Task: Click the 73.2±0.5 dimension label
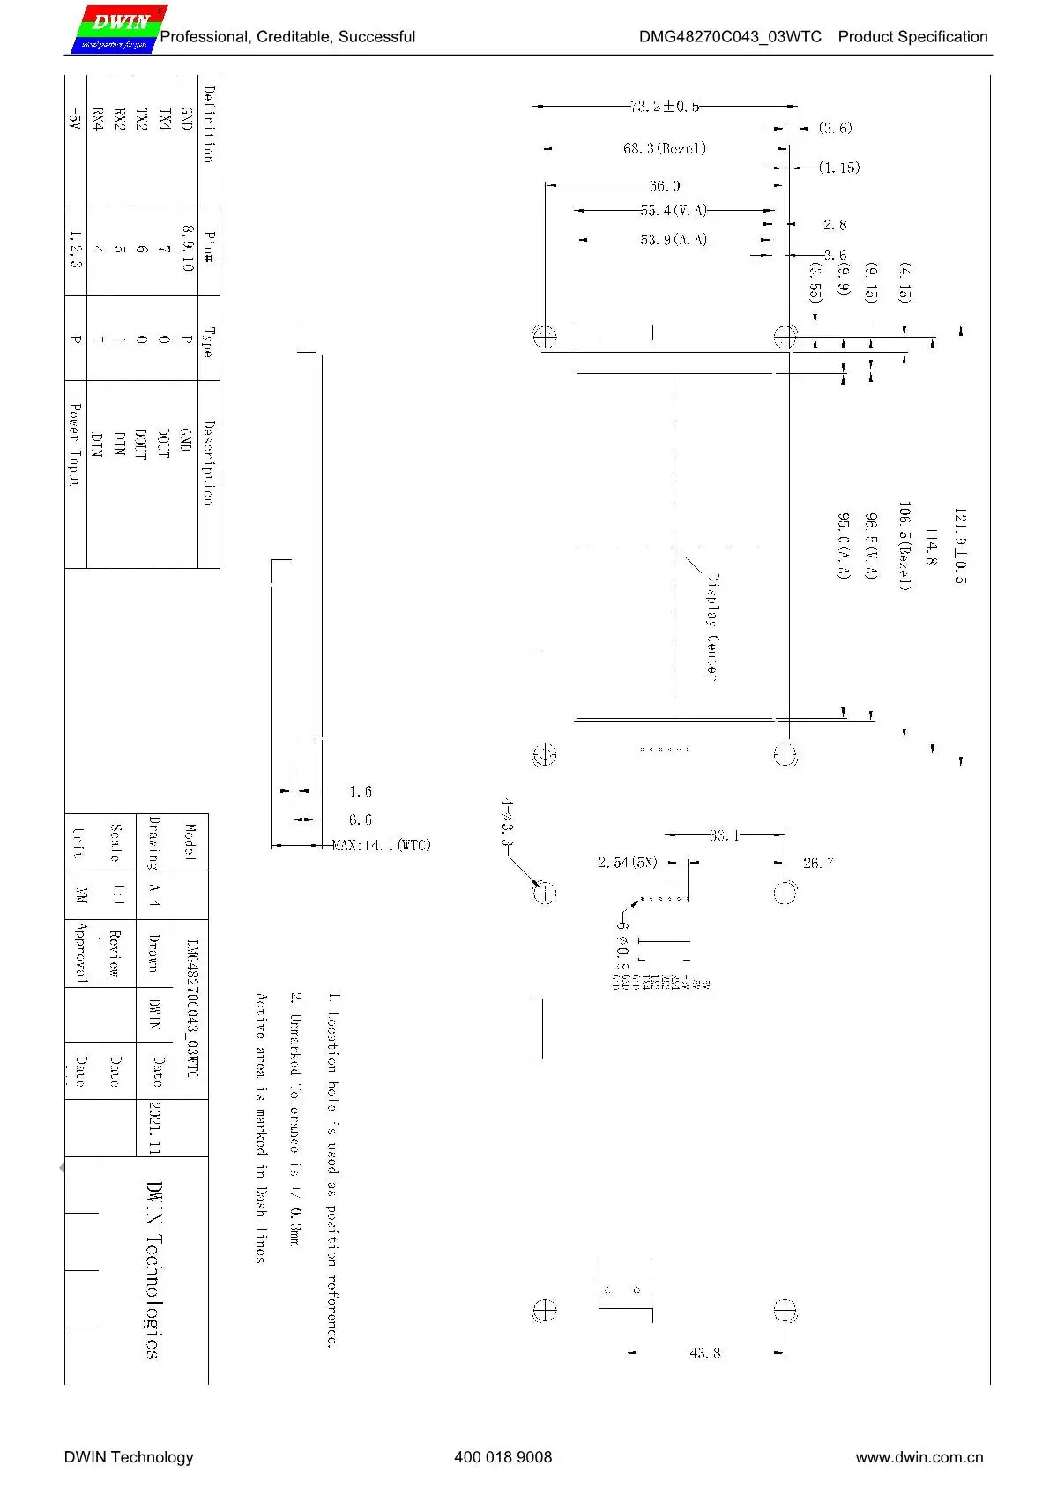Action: coord(665,107)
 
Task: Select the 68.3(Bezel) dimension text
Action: coord(665,149)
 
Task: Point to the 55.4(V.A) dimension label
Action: coord(674,211)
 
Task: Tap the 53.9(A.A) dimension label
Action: coord(674,240)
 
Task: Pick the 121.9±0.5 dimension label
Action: coord(960,546)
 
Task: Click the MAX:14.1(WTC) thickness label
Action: coord(382,846)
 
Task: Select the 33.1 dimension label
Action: coord(724,835)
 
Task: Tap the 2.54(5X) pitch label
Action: coord(627,863)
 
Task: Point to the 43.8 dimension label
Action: coord(704,1352)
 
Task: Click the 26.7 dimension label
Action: coord(818,864)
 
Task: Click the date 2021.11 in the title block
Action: coord(154,1127)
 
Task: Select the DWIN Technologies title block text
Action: coord(153,1270)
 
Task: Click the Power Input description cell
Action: coord(75,445)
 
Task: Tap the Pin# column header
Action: coord(208,248)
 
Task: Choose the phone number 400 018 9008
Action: coord(502,1457)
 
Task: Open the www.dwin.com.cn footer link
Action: coord(919,1457)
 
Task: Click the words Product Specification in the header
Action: coord(912,37)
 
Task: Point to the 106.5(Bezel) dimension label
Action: coord(904,546)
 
